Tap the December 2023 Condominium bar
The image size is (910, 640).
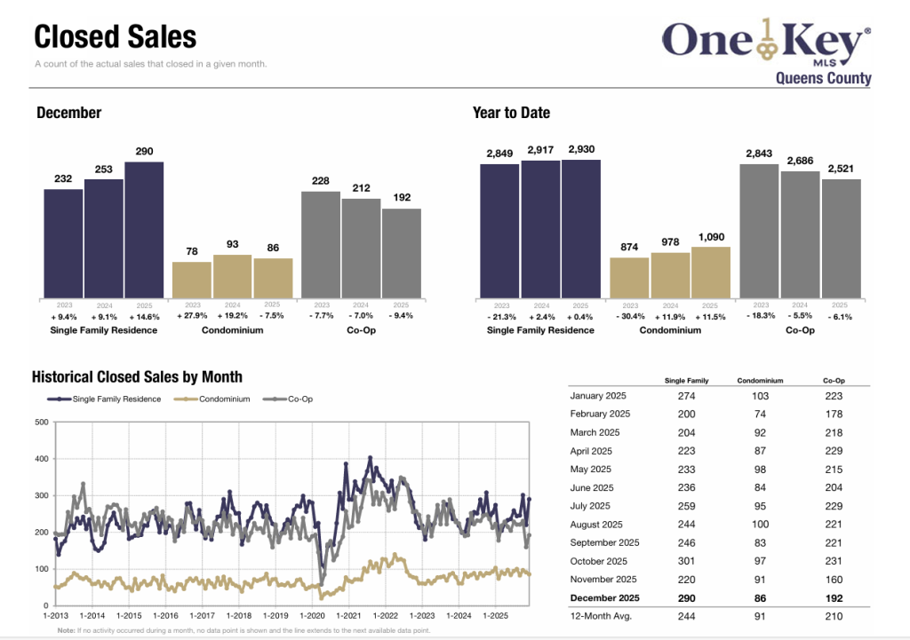pyautogui.click(x=191, y=280)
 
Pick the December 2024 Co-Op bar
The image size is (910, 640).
pyautogui.click(x=361, y=248)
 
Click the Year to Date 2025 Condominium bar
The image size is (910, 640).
pyautogui.click(x=710, y=272)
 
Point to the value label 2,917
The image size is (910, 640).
pyautogui.click(x=540, y=151)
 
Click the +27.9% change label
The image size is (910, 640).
pyautogui.click(x=191, y=315)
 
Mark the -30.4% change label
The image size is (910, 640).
pyautogui.click(x=629, y=315)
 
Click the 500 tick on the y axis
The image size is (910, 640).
pyautogui.click(x=41, y=422)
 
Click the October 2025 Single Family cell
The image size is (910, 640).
pyautogui.click(x=687, y=561)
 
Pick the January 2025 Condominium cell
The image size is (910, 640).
pyautogui.click(x=760, y=396)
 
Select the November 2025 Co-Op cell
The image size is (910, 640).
pyautogui.click(x=834, y=580)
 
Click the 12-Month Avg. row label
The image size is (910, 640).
pyautogui.click(x=600, y=616)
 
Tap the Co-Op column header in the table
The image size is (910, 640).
pyautogui.click(x=834, y=381)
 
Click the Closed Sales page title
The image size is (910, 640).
pyautogui.click(x=116, y=37)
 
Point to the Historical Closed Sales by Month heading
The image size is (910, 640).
pyautogui.click(x=137, y=377)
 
